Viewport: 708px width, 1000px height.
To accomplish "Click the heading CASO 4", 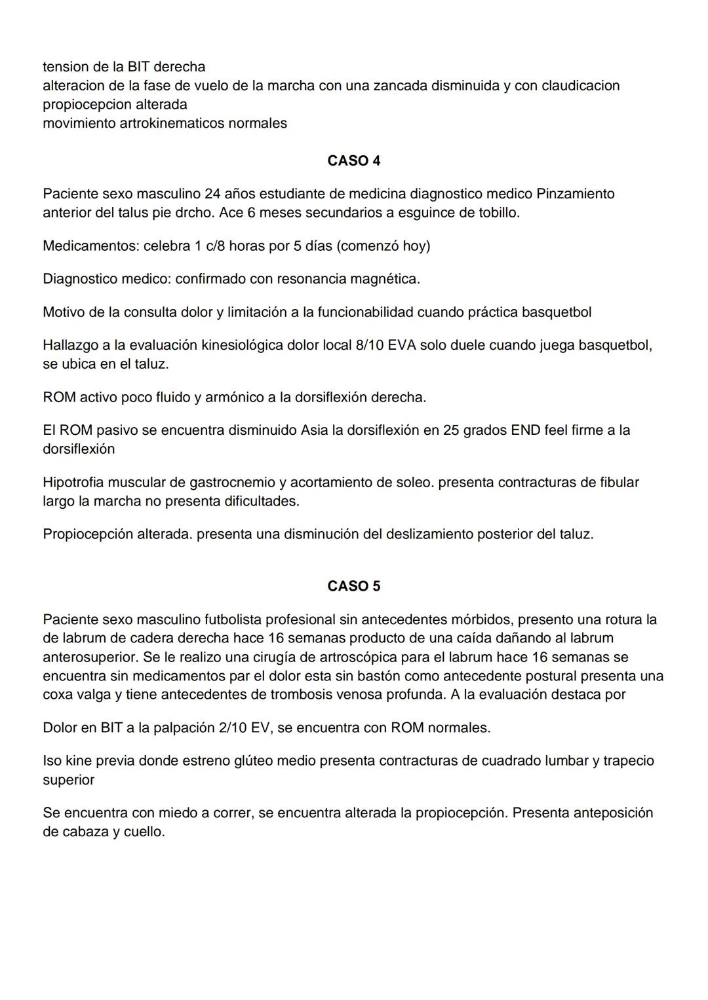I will [x=353, y=161].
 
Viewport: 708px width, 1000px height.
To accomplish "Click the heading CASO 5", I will [x=353, y=586].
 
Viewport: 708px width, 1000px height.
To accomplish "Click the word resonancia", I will [x=311, y=279].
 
